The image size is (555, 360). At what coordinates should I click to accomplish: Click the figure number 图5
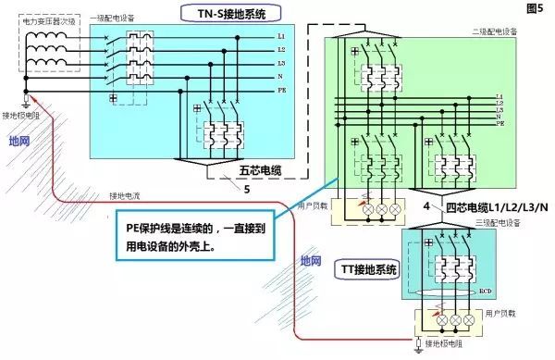click(536, 8)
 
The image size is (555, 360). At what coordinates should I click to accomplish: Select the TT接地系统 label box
click(368, 270)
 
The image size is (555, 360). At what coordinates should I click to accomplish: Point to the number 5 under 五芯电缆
click(246, 190)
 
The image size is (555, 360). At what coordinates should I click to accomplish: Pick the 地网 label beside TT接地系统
click(312, 262)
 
